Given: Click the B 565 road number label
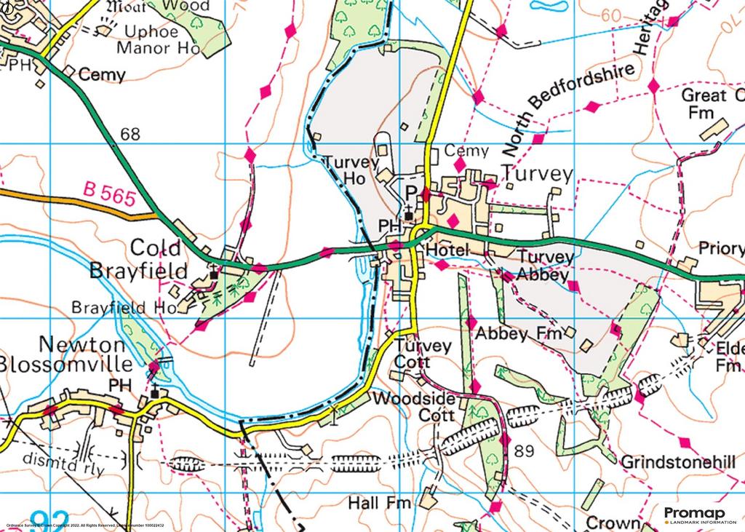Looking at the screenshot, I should pos(109,195).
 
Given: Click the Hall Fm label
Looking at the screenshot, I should pos(379,503).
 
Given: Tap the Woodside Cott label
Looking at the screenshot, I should pos(413,408).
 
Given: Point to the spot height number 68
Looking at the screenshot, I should pos(130,135).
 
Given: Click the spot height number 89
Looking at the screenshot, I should pos(523,451).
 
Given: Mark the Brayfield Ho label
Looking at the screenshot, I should pos(124,308).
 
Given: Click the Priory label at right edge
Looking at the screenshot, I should pos(720,248).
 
